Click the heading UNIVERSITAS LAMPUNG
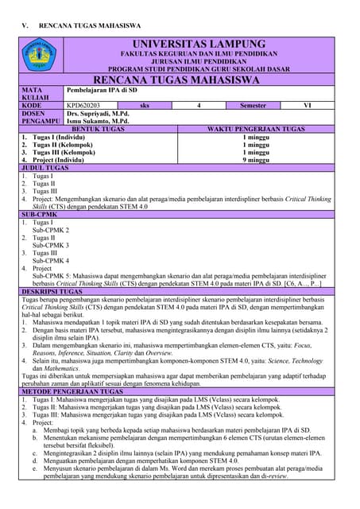[199, 43]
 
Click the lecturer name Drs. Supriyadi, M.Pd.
[98, 114]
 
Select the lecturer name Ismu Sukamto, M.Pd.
[98, 122]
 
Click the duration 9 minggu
[256, 161]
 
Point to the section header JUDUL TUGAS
[45, 168]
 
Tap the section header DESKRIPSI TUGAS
[54, 292]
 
